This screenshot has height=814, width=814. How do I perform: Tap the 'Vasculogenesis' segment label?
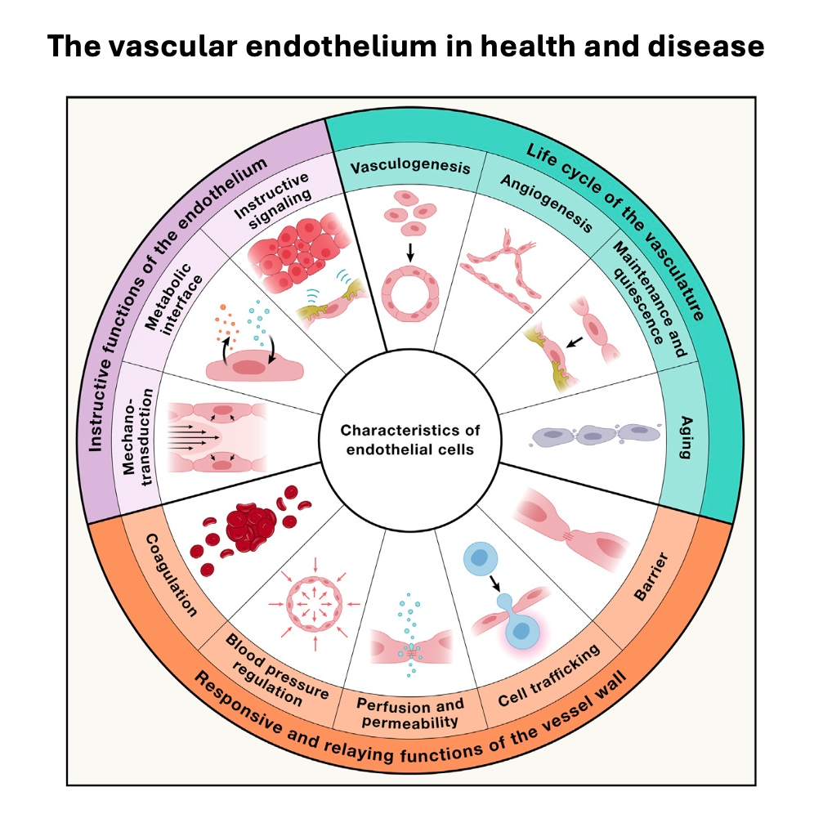[410, 168]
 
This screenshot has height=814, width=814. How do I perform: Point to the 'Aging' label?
[685, 436]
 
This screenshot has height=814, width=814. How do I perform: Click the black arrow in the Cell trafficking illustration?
[495, 581]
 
